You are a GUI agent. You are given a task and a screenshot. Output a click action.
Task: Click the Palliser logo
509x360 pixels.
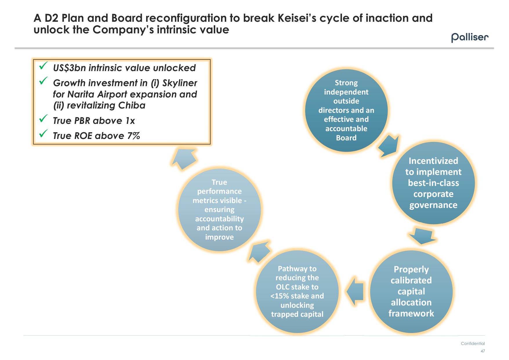(x=470, y=37)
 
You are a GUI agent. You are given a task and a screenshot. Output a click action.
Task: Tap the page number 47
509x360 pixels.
(x=483, y=351)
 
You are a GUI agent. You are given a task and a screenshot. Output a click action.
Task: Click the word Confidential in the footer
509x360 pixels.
(x=473, y=343)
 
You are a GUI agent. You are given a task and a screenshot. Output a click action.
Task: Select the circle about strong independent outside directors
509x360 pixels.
(x=346, y=110)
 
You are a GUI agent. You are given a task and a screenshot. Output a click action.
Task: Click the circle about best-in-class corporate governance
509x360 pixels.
(x=433, y=183)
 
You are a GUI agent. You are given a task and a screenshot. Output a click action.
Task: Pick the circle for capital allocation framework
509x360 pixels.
(x=411, y=291)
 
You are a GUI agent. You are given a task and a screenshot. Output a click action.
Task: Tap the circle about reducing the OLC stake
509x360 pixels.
(x=297, y=291)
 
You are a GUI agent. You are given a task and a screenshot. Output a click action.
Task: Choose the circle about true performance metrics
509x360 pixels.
(x=219, y=209)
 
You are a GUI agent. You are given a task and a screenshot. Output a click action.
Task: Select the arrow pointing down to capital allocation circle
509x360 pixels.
(x=422, y=236)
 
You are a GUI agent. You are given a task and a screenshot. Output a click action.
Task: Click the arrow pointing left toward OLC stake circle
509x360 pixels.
(x=355, y=291)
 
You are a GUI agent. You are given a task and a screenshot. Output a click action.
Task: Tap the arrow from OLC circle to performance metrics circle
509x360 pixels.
(x=259, y=251)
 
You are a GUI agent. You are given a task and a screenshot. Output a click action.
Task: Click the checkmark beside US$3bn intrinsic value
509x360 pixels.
(x=44, y=66)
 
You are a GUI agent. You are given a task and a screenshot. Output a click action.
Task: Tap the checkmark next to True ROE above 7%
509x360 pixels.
(x=44, y=133)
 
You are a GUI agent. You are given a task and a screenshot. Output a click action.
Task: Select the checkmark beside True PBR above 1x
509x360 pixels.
(x=44, y=118)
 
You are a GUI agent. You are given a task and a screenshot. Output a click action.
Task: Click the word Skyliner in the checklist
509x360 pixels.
(x=180, y=83)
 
